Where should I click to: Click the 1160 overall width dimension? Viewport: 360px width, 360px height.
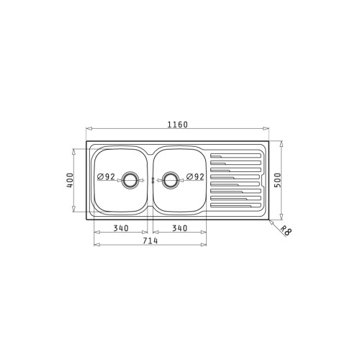pyautogui.click(x=178, y=125)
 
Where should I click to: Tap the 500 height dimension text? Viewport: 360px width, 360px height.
pyautogui.click(x=277, y=180)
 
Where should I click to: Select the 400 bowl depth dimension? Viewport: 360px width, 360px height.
pyautogui.click(x=70, y=180)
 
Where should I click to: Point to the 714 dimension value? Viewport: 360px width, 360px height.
pyautogui.click(x=150, y=240)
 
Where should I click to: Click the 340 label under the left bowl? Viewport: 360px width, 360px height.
pyautogui.click(x=121, y=228)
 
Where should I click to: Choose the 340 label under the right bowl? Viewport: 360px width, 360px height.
pyautogui.click(x=179, y=228)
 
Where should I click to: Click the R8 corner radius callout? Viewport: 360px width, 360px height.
pyautogui.click(x=286, y=230)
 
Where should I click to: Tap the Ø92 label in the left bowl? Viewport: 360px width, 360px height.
pyautogui.click(x=107, y=176)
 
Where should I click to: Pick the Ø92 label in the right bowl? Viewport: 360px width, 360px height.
pyautogui.click(x=195, y=176)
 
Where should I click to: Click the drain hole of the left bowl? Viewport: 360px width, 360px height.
pyautogui.click(x=130, y=180)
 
